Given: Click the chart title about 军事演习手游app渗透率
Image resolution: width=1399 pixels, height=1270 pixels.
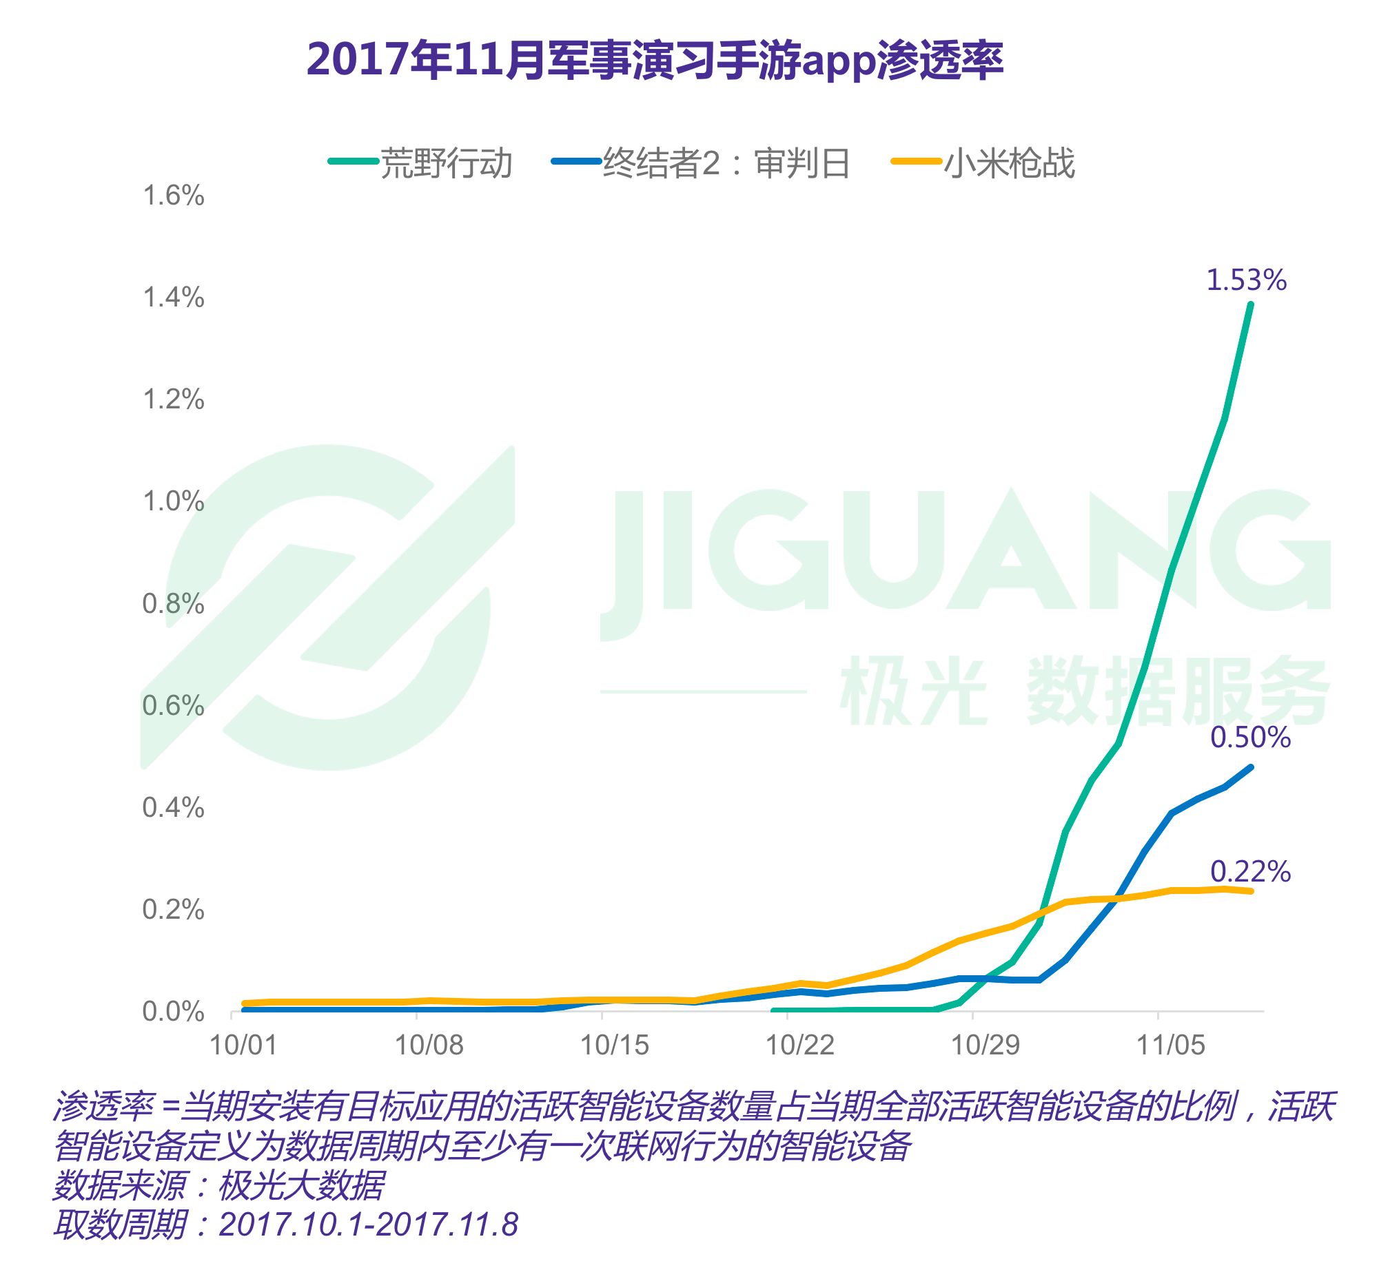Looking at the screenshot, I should pos(655,61).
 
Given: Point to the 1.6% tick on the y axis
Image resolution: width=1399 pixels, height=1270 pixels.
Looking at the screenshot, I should pos(174,196).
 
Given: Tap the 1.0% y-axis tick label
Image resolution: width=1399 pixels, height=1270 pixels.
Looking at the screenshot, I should pos(174,502).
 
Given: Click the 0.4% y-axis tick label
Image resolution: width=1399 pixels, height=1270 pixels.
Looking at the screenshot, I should pos(174,808).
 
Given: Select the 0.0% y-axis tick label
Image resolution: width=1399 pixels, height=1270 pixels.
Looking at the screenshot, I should pos(174,1012).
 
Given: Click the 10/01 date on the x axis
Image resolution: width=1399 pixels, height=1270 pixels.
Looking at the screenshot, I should pos(243,1045).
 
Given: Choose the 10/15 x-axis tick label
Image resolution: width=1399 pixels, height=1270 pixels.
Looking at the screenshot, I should pos(614,1045).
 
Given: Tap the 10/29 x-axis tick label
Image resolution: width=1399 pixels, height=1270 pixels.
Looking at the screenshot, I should pos(986,1045).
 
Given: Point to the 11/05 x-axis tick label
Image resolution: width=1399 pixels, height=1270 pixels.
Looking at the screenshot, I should pos(1171,1045).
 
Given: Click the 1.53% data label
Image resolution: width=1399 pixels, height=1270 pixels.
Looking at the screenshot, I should pos(1246,280).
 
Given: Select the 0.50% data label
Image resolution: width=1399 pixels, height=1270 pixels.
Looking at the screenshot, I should pos(1251,738).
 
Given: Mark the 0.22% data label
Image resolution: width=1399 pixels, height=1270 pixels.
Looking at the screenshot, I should pos(1251,872).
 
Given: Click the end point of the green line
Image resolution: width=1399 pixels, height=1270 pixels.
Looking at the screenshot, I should pos(1251,304).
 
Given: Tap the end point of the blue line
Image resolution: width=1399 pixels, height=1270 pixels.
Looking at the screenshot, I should pos(1252,767).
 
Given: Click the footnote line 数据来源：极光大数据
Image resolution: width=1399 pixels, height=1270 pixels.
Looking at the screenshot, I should pos(218,1185).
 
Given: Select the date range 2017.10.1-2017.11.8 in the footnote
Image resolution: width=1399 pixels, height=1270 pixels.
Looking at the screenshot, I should pos(369,1225).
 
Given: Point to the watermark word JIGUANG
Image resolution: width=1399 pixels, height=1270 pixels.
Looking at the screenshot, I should pos(965,552).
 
